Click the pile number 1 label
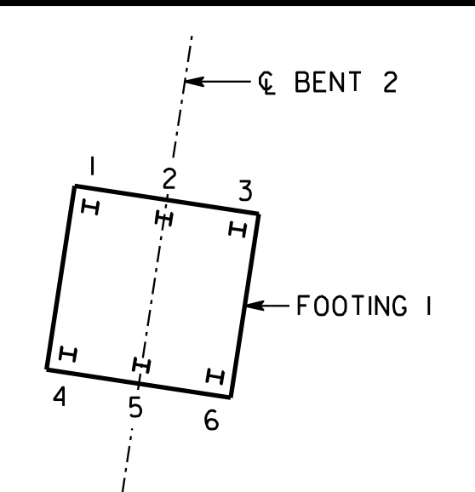click(92, 166)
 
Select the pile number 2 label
click(169, 179)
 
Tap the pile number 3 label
click(245, 191)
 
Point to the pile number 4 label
click(60, 396)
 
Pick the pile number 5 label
click(135, 407)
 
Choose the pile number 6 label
click(211, 420)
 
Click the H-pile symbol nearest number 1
click(90, 208)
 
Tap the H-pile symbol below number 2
click(163, 218)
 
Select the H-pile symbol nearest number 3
click(237, 229)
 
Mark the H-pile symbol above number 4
click(68, 354)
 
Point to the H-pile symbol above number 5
click(141, 365)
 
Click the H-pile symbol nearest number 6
click(215, 376)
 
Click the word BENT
click(328, 82)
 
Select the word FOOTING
click(352, 305)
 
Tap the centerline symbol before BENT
click(266, 83)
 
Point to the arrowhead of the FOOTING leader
click(255, 305)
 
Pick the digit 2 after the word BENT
click(390, 82)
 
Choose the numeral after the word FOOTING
click(429, 305)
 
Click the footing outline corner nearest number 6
click(230, 398)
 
